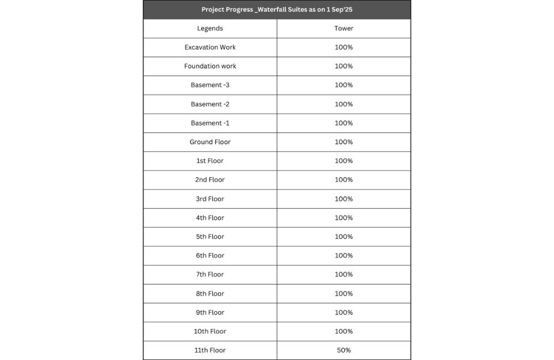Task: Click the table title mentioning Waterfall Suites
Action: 277,9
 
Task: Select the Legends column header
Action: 210,28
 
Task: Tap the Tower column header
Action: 343,28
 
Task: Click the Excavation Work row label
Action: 210,47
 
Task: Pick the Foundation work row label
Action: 210,66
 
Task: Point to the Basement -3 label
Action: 210,85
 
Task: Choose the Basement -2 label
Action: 210,104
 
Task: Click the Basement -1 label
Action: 210,123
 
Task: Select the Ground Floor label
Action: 210,142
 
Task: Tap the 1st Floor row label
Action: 210,161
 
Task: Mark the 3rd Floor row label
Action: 210,199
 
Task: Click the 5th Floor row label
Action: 210,236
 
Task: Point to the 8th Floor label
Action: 210,294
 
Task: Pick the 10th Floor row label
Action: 210,331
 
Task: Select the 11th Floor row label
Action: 210,350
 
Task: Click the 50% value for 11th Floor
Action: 343,350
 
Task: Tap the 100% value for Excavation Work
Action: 343,47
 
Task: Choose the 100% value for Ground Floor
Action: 343,142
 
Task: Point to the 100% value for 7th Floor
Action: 343,274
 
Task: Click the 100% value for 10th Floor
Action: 343,331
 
